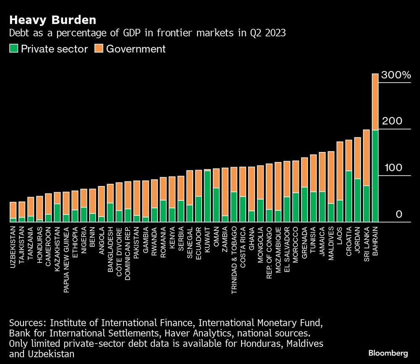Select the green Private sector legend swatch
pos(13,49)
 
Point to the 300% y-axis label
pos(396,76)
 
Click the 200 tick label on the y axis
pos(392,122)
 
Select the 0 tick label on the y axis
pos(399,215)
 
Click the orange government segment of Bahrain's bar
pos(375,102)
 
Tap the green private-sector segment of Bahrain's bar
pos(375,176)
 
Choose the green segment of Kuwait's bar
pos(207,196)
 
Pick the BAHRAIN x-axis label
pos(375,239)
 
